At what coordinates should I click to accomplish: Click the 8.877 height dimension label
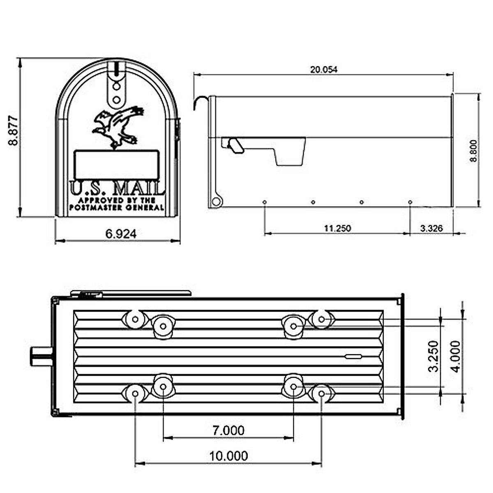(13, 131)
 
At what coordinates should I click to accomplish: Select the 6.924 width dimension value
(121, 234)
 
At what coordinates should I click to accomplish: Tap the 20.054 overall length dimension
(323, 69)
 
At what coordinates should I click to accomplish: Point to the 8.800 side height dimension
(474, 151)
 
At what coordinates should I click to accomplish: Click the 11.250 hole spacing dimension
(337, 228)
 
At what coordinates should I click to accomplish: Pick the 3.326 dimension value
(431, 228)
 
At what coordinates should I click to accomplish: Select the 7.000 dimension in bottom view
(228, 430)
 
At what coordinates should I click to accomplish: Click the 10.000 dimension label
(228, 456)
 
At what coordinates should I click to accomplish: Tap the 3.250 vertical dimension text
(434, 356)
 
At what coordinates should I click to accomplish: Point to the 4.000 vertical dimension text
(456, 356)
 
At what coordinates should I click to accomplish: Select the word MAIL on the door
(138, 189)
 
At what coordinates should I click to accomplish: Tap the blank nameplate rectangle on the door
(117, 164)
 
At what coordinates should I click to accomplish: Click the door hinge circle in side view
(216, 202)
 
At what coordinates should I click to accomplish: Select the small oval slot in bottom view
(353, 356)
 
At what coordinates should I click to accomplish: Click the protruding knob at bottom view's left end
(41, 355)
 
